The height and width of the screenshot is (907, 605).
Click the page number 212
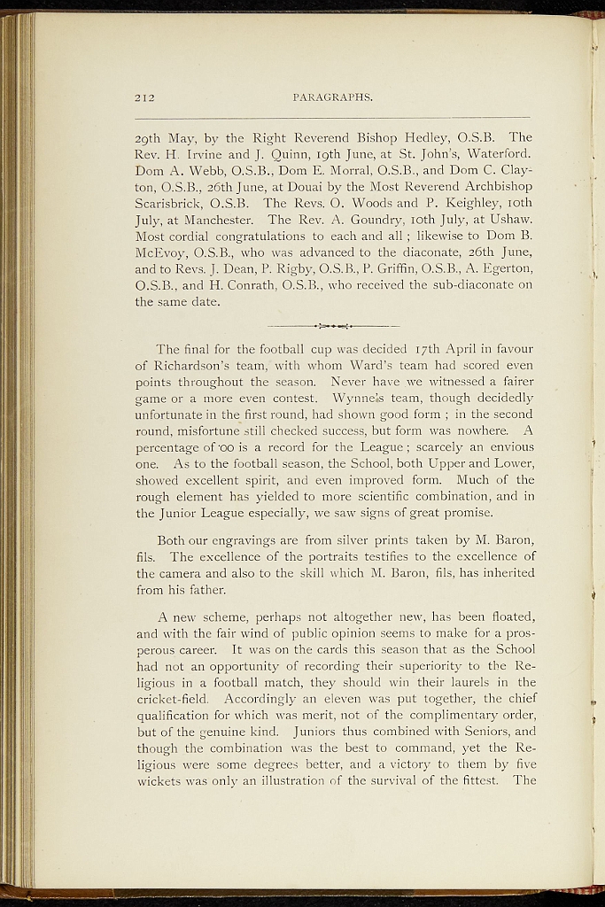[x=144, y=97]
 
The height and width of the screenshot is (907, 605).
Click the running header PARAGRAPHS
[x=332, y=97]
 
